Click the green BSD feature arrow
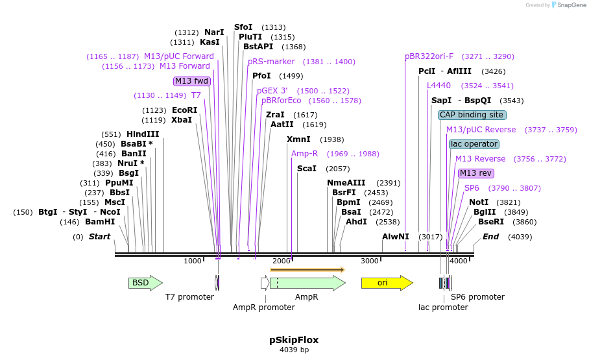(145, 283)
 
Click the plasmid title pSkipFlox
(294, 340)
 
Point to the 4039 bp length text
(294, 350)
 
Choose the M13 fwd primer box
(192, 81)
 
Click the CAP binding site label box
(472, 115)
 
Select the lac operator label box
(474, 144)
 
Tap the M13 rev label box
(475, 173)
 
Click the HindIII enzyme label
(143, 134)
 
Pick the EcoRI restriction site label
(184, 110)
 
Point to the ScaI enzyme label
(306, 169)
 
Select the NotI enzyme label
(479, 202)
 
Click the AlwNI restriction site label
(396, 237)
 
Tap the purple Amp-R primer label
(304, 154)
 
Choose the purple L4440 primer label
(439, 86)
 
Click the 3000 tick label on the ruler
(370, 261)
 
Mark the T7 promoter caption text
(189, 297)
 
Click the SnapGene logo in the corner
(560, 5)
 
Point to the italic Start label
(99, 237)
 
